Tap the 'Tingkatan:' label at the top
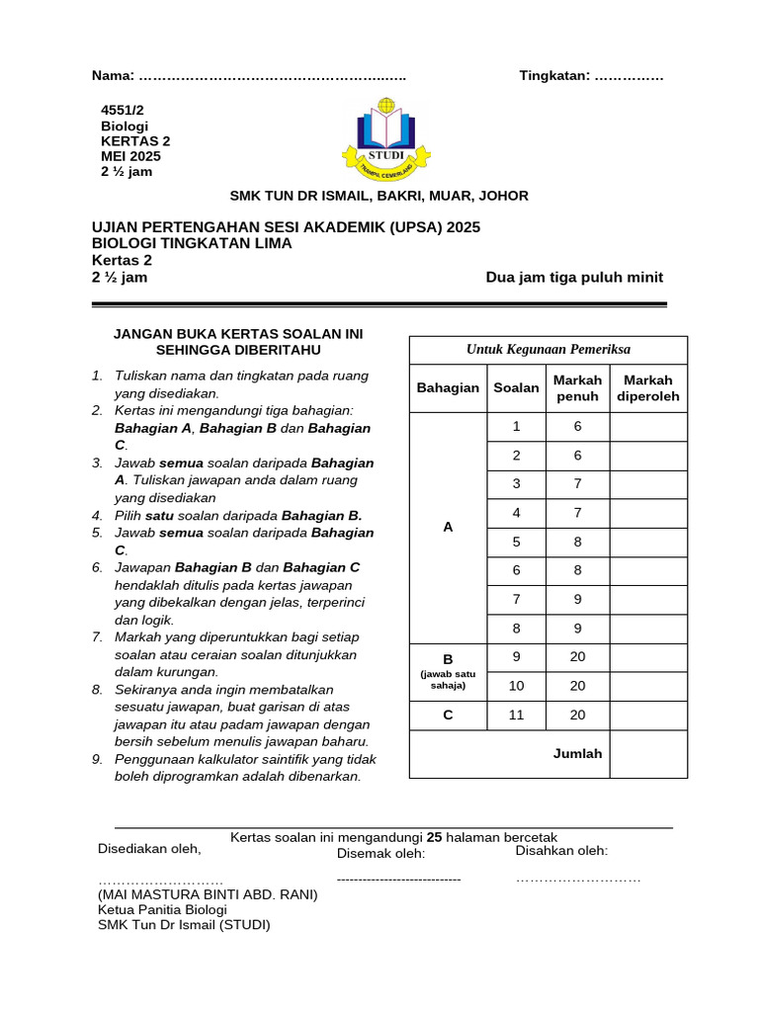(x=554, y=76)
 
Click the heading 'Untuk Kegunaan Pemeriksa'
(x=548, y=349)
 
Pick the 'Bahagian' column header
(x=448, y=388)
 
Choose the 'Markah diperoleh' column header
(x=648, y=388)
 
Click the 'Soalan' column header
(x=516, y=388)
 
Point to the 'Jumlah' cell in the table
(x=577, y=753)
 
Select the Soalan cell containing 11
(x=516, y=716)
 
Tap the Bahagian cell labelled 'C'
(x=448, y=716)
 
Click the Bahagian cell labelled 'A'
(x=448, y=528)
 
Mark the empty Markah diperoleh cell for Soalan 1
(x=648, y=427)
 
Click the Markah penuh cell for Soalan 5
(x=577, y=542)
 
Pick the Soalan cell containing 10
(x=516, y=686)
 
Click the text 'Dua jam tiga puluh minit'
(x=574, y=278)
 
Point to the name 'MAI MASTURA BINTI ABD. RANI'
(x=208, y=894)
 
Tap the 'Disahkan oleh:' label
(x=561, y=851)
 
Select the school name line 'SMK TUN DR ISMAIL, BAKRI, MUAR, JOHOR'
(x=379, y=196)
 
